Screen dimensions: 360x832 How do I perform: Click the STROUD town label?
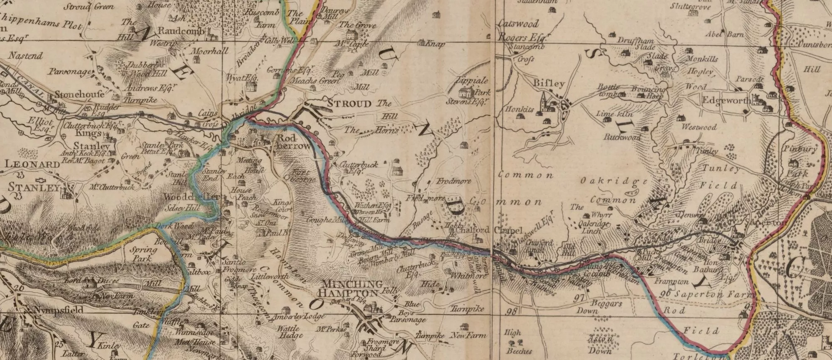coord(348,104)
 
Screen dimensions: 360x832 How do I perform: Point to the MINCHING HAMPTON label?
coord(353,288)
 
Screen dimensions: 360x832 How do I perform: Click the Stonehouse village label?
coord(79,95)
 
